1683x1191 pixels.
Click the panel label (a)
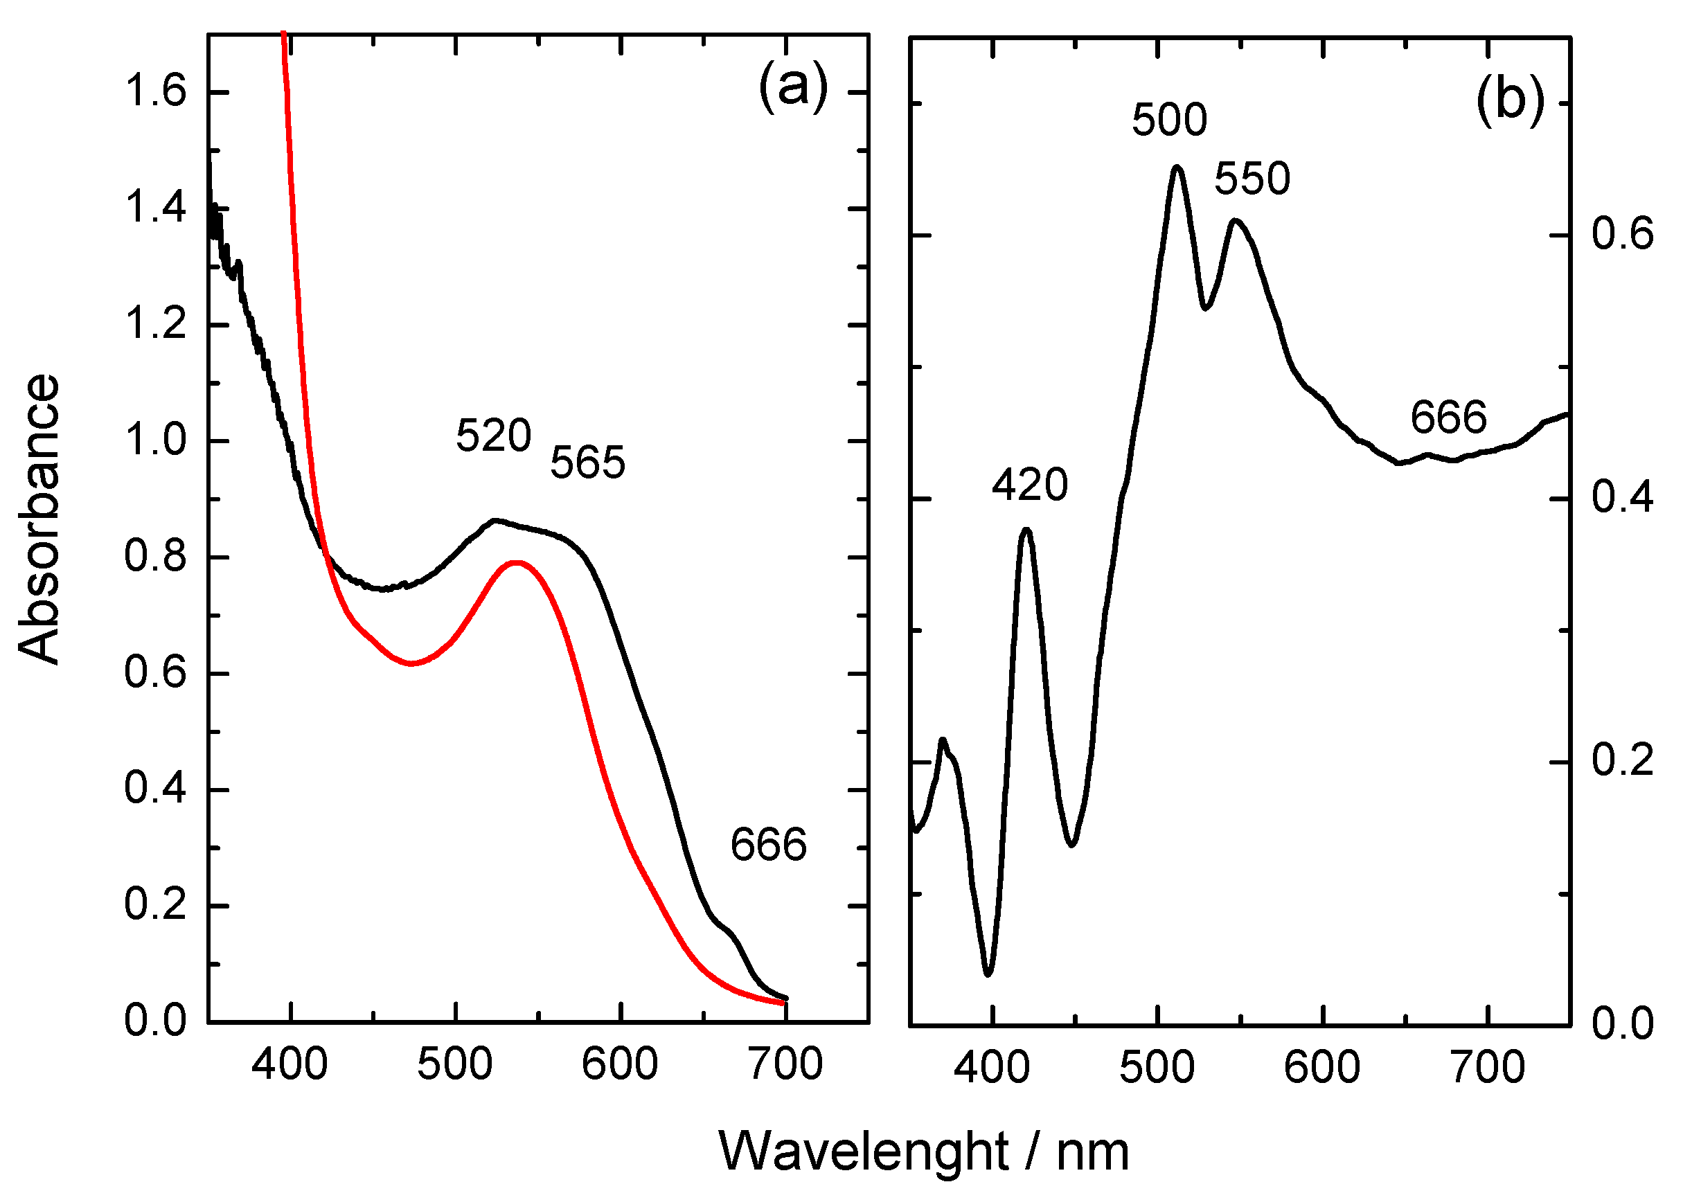tap(793, 87)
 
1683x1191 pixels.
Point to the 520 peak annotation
tap(493, 436)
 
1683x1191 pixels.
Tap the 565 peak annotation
tap(587, 463)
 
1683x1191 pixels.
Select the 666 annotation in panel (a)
tap(768, 844)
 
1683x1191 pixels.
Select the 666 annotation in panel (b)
tap(1448, 418)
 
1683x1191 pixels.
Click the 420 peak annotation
tap(1030, 485)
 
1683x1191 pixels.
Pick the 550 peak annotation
tap(1252, 179)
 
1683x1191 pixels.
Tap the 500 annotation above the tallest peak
tap(1169, 120)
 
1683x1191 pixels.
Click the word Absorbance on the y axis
tap(38, 519)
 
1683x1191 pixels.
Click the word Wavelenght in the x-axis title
tap(863, 1152)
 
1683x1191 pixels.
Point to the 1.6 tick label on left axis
tap(155, 92)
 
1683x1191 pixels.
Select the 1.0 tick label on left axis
tap(155, 441)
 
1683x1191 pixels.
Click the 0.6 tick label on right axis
tap(1622, 235)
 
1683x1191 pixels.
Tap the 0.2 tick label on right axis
tap(1622, 760)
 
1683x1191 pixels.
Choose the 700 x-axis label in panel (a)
tap(785, 1064)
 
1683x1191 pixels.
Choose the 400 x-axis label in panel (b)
tap(992, 1068)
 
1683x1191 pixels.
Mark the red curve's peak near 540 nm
tap(517, 562)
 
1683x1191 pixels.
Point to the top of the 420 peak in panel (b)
tap(1026, 529)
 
